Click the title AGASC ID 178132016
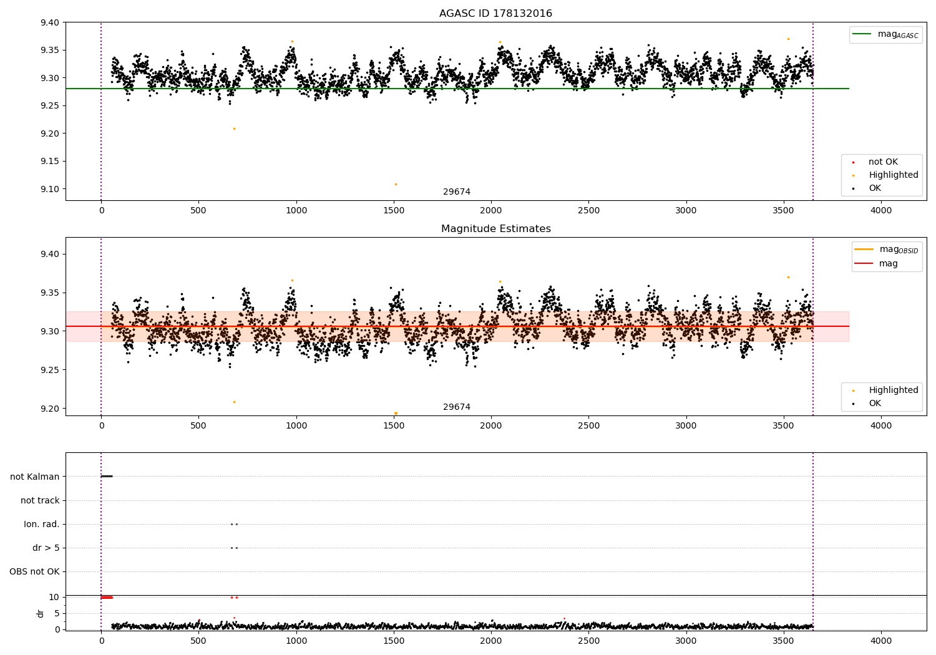click(x=495, y=13)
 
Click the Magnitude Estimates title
click(x=495, y=228)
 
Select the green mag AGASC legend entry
click(x=885, y=35)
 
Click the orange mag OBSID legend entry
click(x=886, y=250)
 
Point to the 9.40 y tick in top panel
click(x=50, y=22)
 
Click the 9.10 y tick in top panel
click(x=50, y=189)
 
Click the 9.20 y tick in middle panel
click(x=50, y=409)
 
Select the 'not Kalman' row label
click(x=35, y=477)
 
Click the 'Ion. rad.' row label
click(x=41, y=524)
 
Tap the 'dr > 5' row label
click(x=46, y=548)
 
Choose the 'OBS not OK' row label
click(x=34, y=571)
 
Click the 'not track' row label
click(x=40, y=500)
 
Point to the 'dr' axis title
click(x=40, y=614)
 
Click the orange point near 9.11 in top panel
click(x=396, y=184)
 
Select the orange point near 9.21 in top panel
click(x=235, y=129)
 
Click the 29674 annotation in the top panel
click(x=457, y=192)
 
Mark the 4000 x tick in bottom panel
click(x=881, y=641)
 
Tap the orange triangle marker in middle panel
click(x=396, y=414)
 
